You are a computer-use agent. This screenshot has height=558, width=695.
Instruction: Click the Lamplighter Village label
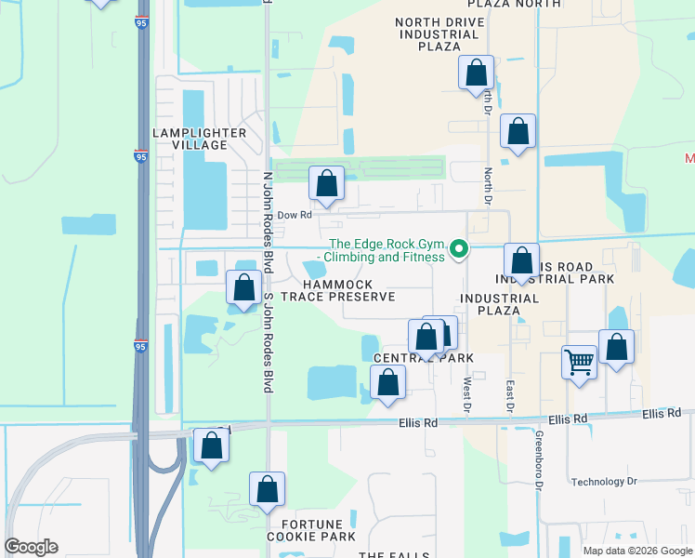click(200, 139)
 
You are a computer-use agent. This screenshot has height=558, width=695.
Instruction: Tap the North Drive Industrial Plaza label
click(440, 34)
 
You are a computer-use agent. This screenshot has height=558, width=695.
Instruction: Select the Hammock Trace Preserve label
click(338, 290)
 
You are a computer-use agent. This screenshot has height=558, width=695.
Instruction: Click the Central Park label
click(424, 358)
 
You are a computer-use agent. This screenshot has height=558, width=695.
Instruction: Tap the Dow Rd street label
click(294, 215)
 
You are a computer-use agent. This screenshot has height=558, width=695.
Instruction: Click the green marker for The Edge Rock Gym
click(458, 249)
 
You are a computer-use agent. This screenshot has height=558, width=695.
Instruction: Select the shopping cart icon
click(579, 361)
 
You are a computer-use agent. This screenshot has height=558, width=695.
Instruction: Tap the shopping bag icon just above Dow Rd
click(326, 183)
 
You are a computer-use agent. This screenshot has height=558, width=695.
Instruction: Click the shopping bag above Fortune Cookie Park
click(267, 488)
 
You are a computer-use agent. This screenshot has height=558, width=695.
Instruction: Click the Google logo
click(31, 547)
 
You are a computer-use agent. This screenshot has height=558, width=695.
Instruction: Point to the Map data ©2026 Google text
click(637, 551)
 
